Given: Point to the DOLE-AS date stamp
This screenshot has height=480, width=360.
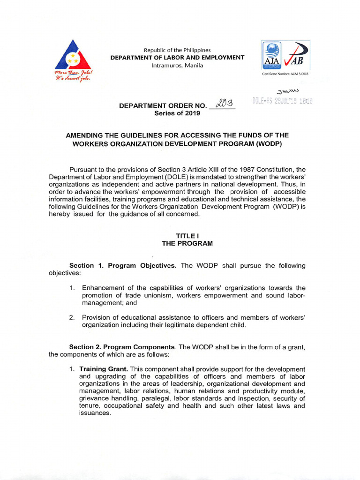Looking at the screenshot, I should [282, 101].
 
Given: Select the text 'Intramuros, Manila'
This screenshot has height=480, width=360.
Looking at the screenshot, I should [177, 65].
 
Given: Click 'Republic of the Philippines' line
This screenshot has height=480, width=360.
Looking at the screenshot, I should [177, 50].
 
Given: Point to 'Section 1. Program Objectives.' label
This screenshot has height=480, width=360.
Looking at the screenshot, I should [123, 266].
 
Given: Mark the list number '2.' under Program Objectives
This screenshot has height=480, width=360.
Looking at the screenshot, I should [72, 317].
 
